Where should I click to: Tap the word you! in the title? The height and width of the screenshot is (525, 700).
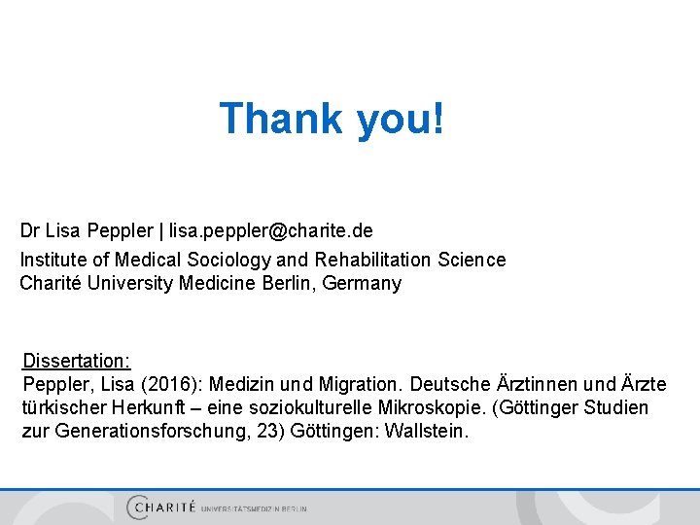pyautogui.click(x=401, y=119)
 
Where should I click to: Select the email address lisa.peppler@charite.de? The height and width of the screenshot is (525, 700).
pyautogui.click(x=271, y=231)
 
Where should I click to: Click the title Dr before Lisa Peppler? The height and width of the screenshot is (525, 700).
pyautogui.click(x=30, y=231)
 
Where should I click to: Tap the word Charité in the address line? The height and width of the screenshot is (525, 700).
pyautogui.click(x=51, y=284)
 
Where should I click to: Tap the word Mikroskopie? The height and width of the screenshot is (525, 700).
pyautogui.click(x=527, y=407)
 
